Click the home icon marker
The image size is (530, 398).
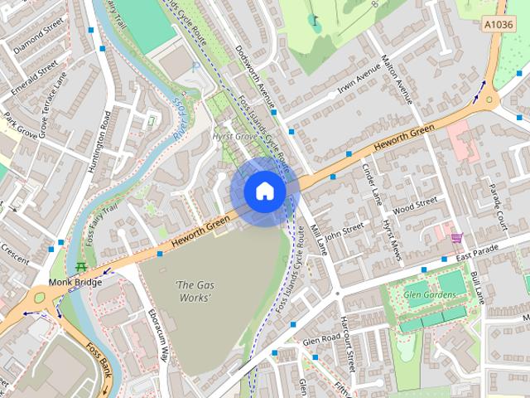(264, 192)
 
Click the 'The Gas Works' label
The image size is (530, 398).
(193, 291)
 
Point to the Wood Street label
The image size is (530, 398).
(415, 203)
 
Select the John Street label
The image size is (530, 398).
(345, 231)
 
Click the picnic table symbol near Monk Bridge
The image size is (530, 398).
(80, 267)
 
